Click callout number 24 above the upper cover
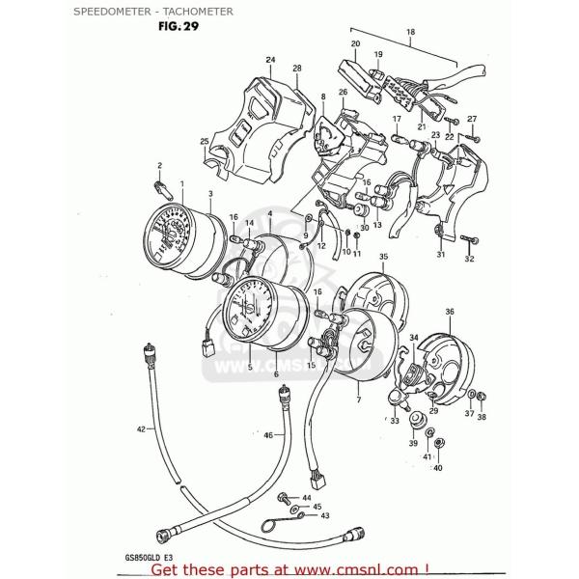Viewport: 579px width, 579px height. pos(270,60)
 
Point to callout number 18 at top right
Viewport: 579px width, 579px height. pos(410,33)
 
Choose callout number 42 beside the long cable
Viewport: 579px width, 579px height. pos(141,427)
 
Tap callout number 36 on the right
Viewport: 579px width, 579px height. pos(449,312)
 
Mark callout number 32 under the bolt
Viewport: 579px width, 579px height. pos(469,260)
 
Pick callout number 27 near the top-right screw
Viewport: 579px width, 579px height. pos(472,119)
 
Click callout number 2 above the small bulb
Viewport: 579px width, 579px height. pos(159,166)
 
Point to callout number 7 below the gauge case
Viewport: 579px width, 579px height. pos(359,400)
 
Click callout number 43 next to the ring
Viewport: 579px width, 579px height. pos(324,516)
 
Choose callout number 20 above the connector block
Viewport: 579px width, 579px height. pos(355,44)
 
